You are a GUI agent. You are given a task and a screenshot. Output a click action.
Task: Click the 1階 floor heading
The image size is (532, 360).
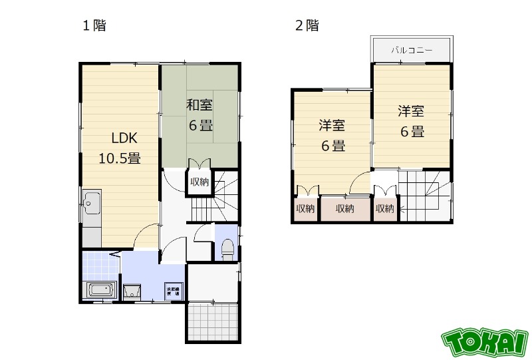94,26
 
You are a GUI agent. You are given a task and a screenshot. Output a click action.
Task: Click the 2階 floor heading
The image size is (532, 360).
307,26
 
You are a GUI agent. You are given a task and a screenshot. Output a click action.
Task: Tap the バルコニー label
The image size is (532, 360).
412,50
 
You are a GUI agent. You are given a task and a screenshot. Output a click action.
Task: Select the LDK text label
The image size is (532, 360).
124,138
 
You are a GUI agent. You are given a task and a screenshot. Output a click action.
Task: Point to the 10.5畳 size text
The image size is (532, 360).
119,158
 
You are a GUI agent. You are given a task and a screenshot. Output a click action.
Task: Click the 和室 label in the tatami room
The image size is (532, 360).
199,105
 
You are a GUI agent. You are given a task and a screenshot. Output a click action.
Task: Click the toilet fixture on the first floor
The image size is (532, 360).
226,249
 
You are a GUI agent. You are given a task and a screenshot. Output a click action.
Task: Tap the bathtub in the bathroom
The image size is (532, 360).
100,291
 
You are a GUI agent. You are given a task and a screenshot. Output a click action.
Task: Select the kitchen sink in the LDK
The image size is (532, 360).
91,200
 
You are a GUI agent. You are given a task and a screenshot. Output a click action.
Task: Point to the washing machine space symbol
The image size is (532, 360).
174,291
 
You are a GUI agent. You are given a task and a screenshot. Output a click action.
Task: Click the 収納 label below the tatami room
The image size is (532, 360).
199,182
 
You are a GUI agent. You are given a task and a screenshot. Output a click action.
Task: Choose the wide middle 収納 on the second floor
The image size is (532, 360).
345,209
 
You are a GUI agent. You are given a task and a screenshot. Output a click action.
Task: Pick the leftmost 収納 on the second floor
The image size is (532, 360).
305,209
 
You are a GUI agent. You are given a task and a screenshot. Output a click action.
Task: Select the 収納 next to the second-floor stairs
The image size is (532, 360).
384,209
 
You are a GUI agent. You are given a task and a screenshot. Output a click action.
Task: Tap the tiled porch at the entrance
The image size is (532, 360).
211,322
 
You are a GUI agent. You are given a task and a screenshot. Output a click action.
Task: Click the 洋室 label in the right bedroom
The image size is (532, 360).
412,111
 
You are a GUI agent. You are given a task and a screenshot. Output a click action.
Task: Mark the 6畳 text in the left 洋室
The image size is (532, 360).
333,146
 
